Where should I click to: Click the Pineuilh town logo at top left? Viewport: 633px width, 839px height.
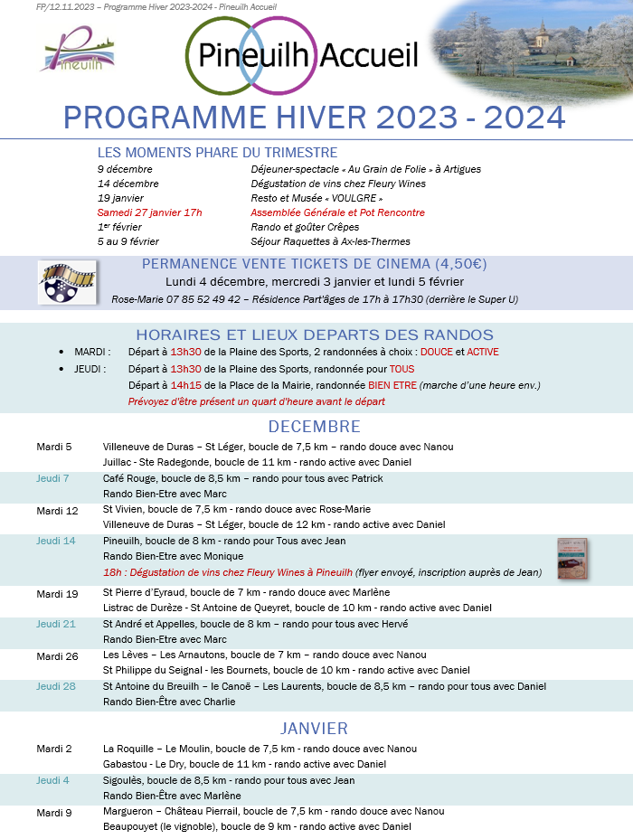pos(77,51)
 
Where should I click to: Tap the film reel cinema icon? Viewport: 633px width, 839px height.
pos(66,283)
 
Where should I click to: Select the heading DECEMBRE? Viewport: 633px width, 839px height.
pos(315,427)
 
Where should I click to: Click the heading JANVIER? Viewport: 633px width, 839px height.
pos(315,728)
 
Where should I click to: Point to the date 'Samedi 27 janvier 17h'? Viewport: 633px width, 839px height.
pos(150,212)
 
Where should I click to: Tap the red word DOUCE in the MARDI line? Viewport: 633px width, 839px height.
pos(437,352)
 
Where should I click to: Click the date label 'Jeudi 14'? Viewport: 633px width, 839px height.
pos(55,541)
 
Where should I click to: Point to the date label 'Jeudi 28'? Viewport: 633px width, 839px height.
pos(55,686)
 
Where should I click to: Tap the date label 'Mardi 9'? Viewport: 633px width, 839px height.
pos(53,812)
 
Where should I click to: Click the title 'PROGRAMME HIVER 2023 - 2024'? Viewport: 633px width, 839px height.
pos(315,118)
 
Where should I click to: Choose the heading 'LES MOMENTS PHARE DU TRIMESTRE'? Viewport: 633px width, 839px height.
pos(217,153)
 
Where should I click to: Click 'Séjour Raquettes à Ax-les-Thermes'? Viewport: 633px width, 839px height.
pos(330,241)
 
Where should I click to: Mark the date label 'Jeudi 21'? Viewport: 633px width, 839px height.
pos(55,624)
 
